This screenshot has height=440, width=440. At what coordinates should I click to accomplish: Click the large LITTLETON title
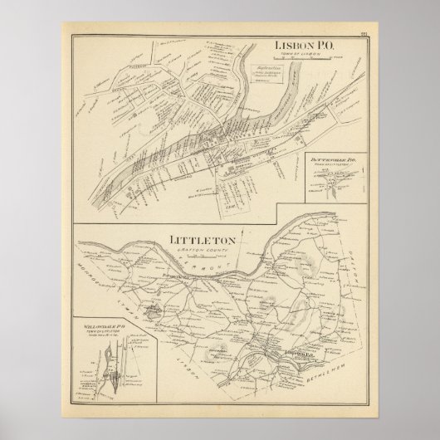(203, 241)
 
